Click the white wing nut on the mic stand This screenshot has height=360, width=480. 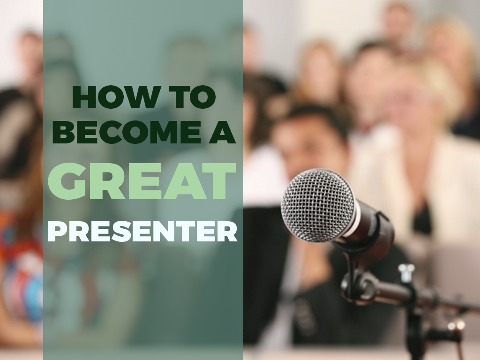click(406, 272)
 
